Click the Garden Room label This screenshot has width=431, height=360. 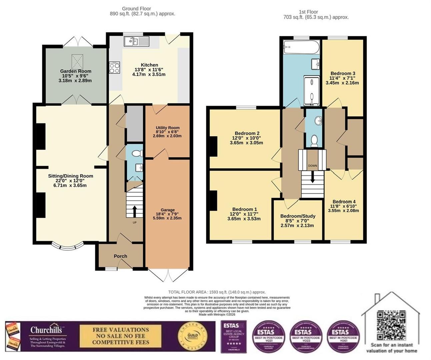point(76,71)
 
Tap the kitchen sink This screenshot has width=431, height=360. point(137,41)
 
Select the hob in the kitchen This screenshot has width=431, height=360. point(114,68)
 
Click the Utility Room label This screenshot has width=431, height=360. point(168,128)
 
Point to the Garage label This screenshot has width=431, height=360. point(168,210)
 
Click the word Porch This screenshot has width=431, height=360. point(120,256)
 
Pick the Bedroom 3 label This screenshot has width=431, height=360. point(343,73)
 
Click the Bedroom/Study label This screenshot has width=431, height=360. point(298,216)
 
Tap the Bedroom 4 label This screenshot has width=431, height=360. point(344,202)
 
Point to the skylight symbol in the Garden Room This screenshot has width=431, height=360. point(77,60)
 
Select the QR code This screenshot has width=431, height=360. point(391,325)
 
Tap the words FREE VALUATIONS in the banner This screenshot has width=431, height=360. point(121,330)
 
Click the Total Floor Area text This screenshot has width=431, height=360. point(217,292)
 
